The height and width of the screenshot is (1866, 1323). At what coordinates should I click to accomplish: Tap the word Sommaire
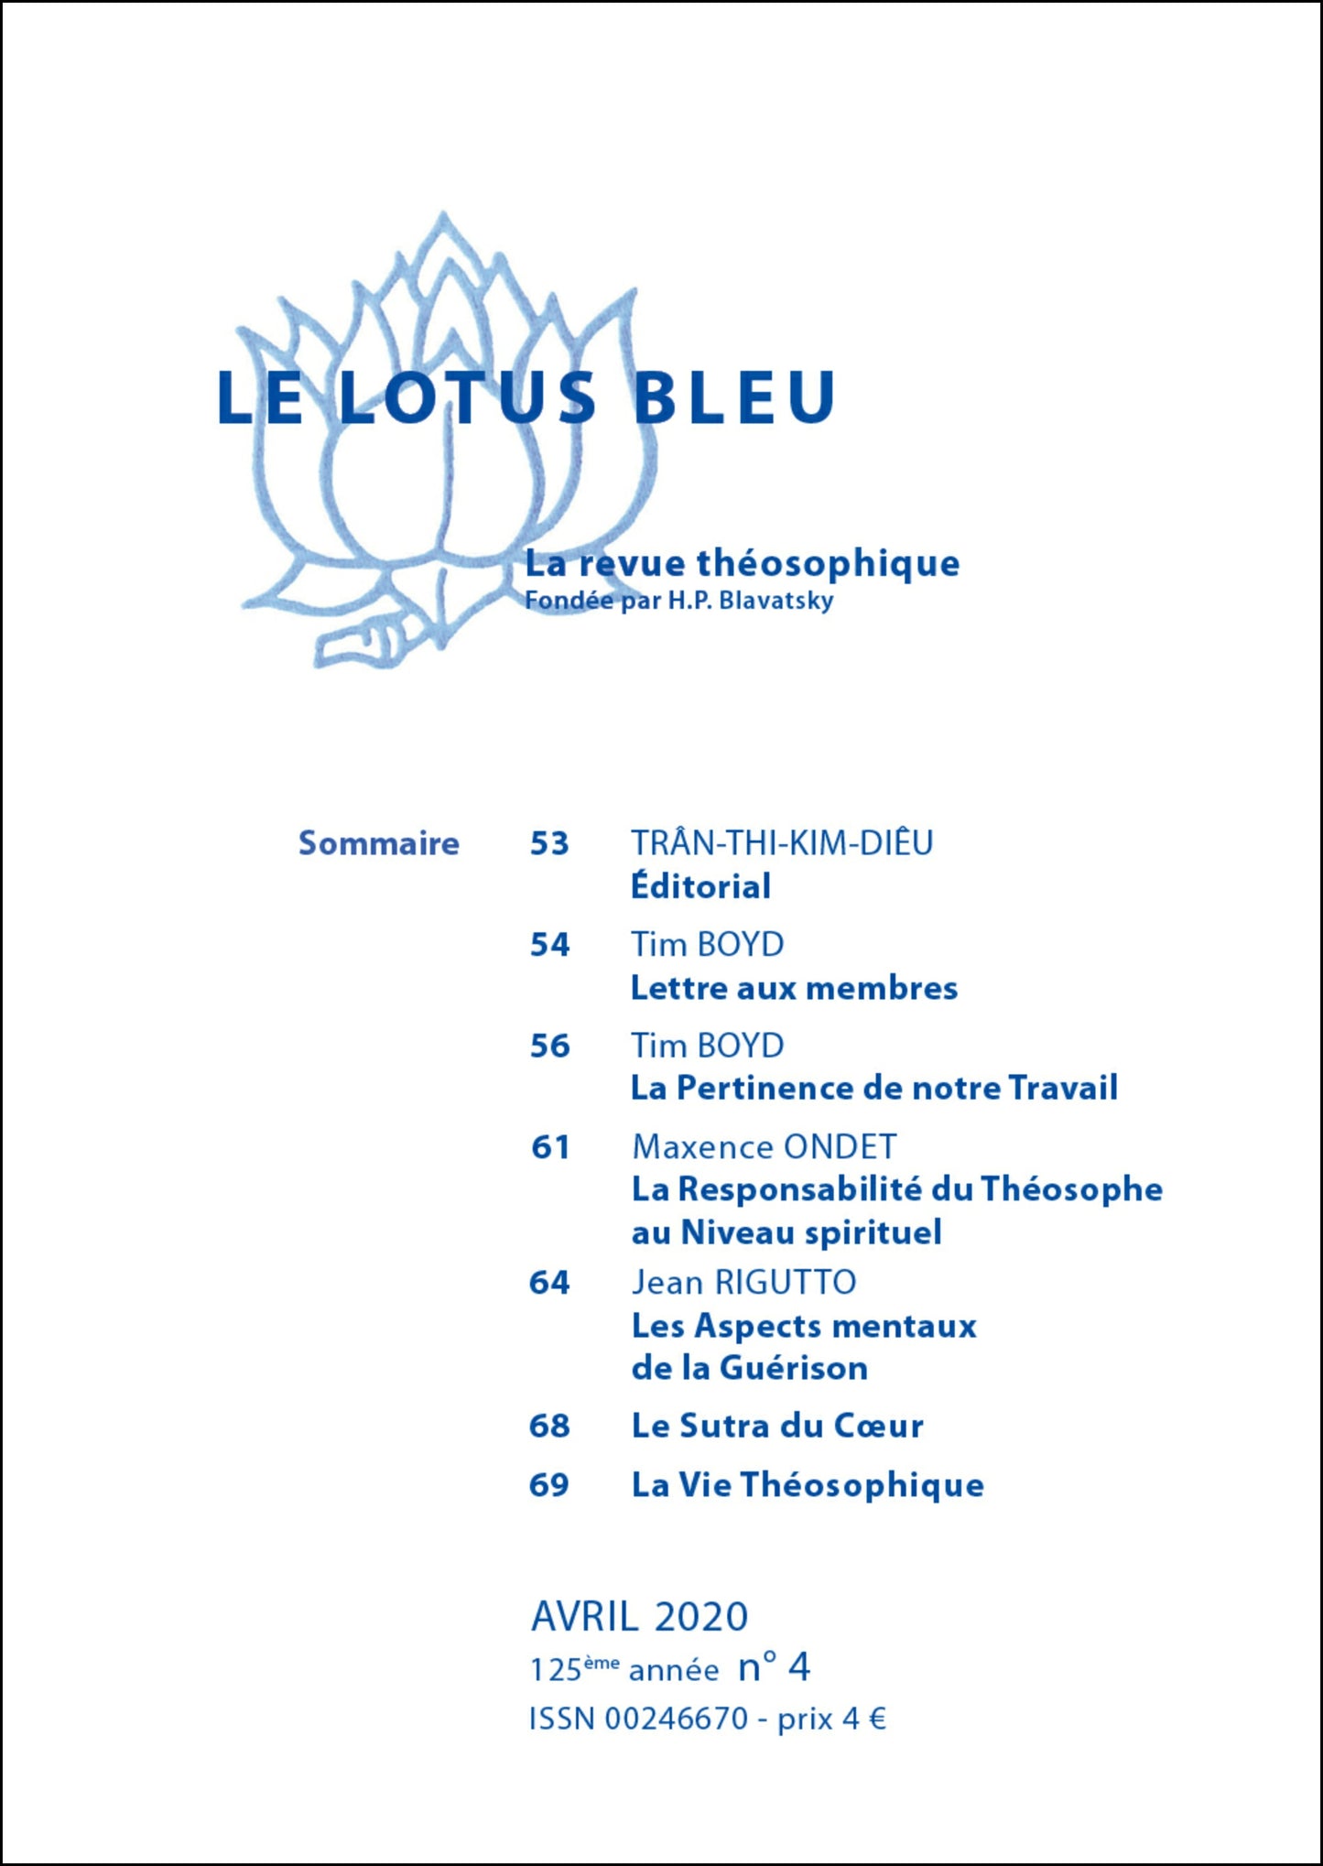(x=378, y=843)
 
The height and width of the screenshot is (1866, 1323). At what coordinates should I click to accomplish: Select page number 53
(x=549, y=843)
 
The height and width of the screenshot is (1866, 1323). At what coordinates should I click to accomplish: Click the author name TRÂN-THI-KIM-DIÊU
(x=782, y=842)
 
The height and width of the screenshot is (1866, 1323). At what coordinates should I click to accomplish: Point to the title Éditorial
(x=700, y=886)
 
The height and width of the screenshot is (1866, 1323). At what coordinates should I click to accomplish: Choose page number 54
(x=549, y=944)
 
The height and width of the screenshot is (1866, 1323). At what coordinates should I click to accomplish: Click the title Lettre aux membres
(x=794, y=988)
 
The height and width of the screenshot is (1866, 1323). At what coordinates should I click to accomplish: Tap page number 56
(x=549, y=1046)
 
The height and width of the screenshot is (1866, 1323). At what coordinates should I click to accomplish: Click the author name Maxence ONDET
(x=764, y=1146)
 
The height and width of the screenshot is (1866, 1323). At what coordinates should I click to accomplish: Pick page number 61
(x=549, y=1146)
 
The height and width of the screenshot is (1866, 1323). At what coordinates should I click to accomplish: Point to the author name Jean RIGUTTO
(x=743, y=1282)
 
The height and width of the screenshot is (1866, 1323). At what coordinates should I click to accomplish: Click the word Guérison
(x=793, y=1368)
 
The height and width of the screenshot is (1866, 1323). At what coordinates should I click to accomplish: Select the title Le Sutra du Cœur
(x=777, y=1426)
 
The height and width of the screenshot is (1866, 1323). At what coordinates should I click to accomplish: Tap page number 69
(x=549, y=1484)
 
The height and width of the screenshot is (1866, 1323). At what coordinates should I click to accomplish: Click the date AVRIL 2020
(x=639, y=1617)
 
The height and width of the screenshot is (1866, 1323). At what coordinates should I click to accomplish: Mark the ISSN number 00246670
(x=677, y=1719)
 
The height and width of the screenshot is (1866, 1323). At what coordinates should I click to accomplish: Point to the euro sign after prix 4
(x=877, y=1719)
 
